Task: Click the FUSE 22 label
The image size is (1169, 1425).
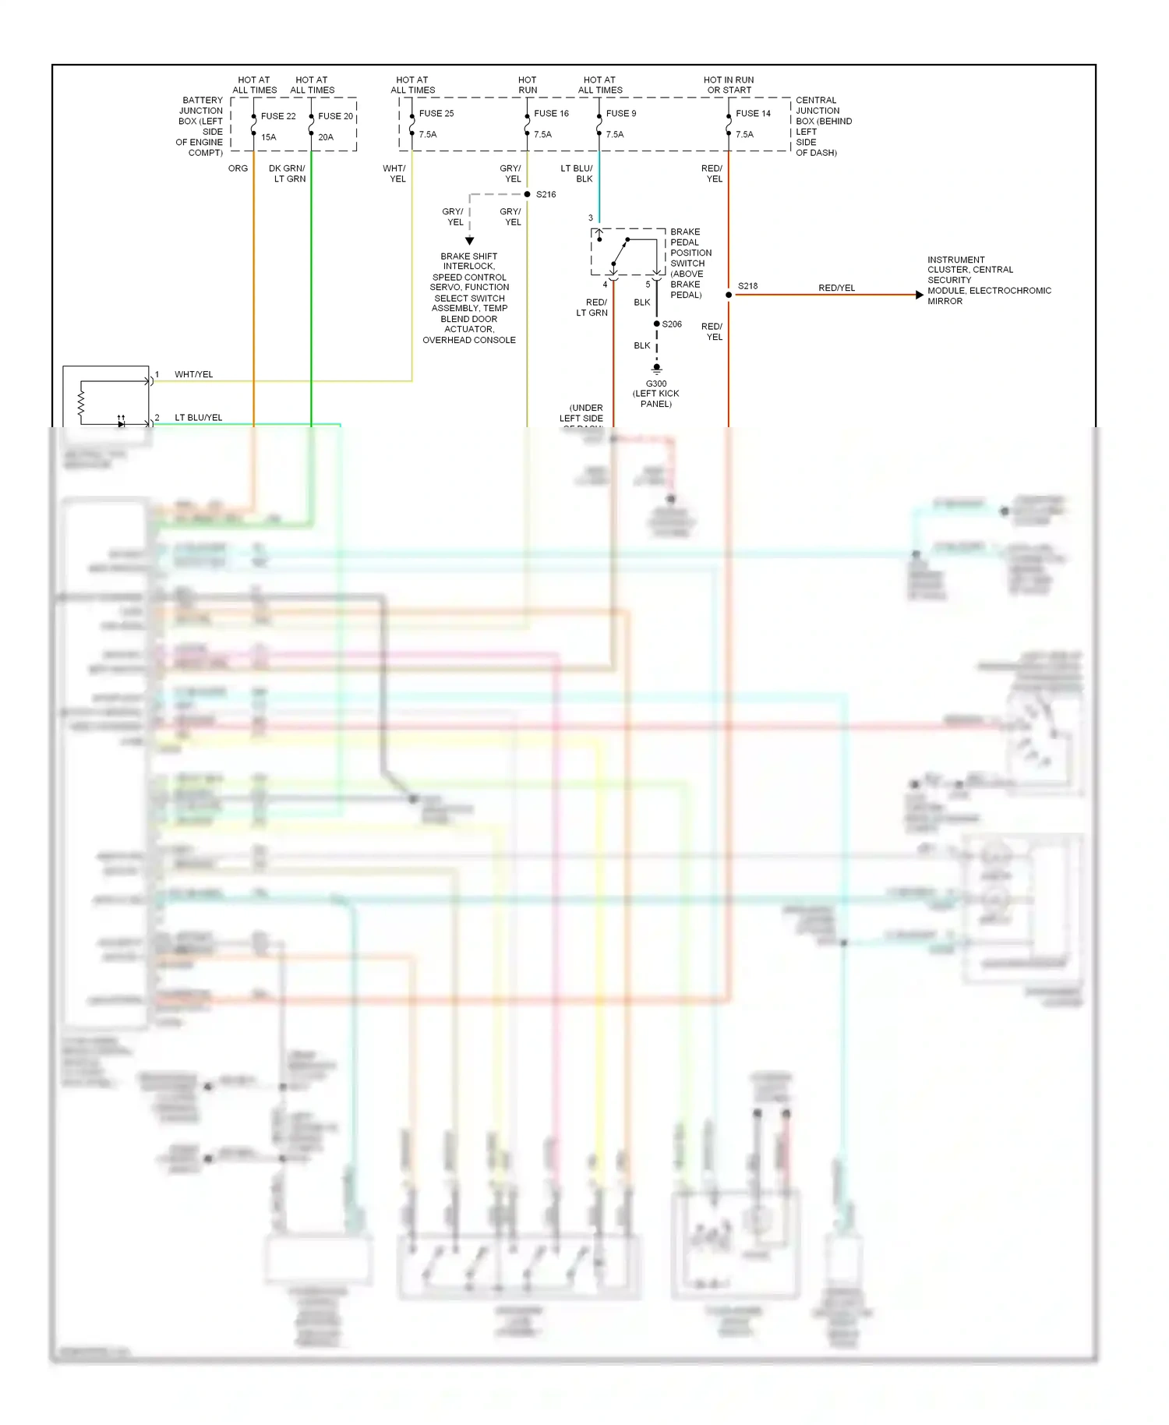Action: pyautogui.click(x=278, y=116)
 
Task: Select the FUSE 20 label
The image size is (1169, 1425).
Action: pyautogui.click(x=335, y=116)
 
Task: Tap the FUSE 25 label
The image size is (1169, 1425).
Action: pyautogui.click(x=436, y=114)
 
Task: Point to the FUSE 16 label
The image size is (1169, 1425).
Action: pyautogui.click(x=551, y=114)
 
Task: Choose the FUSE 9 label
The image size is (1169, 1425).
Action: pyautogui.click(x=621, y=114)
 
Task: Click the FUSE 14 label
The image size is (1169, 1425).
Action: pyautogui.click(x=753, y=114)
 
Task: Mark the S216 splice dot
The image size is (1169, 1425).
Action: pyautogui.click(x=528, y=194)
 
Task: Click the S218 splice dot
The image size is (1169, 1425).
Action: pyautogui.click(x=729, y=295)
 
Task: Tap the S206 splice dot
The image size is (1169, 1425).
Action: pyautogui.click(x=657, y=324)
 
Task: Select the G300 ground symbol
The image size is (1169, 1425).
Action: pyautogui.click(x=657, y=368)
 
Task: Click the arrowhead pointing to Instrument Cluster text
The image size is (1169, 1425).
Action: pyautogui.click(x=919, y=295)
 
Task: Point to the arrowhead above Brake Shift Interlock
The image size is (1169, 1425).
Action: pyautogui.click(x=469, y=241)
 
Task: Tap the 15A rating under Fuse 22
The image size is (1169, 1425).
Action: pyautogui.click(x=269, y=137)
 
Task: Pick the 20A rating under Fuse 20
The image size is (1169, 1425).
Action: pyautogui.click(x=326, y=137)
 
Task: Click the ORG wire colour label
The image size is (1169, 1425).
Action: pyautogui.click(x=238, y=168)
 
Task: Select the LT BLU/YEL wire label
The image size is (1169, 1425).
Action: pyautogui.click(x=198, y=418)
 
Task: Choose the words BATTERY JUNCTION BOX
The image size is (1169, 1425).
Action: pyautogui.click(x=201, y=111)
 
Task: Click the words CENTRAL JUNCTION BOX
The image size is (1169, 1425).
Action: pyautogui.click(x=817, y=111)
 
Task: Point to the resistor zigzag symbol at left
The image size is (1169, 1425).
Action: pyautogui.click(x=80, y=402)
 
